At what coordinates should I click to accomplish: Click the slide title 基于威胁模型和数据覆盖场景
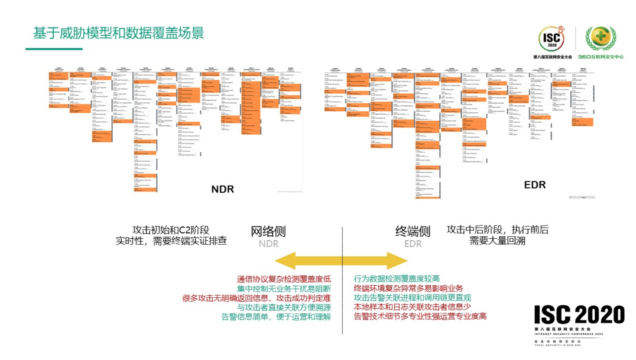[118, 33]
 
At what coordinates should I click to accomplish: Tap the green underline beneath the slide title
[54, 49]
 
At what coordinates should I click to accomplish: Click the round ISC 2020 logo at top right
[552, 39]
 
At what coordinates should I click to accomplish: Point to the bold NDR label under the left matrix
[222, 189]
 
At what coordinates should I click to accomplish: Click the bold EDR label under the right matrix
[535, 185]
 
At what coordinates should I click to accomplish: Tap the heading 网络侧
[268, 231]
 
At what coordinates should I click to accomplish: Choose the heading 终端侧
[413, 231]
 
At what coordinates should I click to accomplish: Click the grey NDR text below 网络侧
[268, 244]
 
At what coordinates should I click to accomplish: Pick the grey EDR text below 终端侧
[413, 244]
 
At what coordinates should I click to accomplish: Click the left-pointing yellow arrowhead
[286, 261]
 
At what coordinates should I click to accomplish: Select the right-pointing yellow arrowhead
[397, 261]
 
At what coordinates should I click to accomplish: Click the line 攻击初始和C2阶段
[171, 230]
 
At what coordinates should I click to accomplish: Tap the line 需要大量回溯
[497, 241]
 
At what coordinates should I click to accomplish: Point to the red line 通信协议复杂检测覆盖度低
[284, 279]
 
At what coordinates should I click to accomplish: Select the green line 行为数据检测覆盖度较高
[397, 278]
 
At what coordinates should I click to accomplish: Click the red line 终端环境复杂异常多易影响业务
[408, 288]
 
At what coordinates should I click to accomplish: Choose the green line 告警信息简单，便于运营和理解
[276, 317]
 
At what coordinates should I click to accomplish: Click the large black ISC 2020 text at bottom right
[579, 315]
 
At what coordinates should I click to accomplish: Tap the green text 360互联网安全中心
[601, 57]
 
